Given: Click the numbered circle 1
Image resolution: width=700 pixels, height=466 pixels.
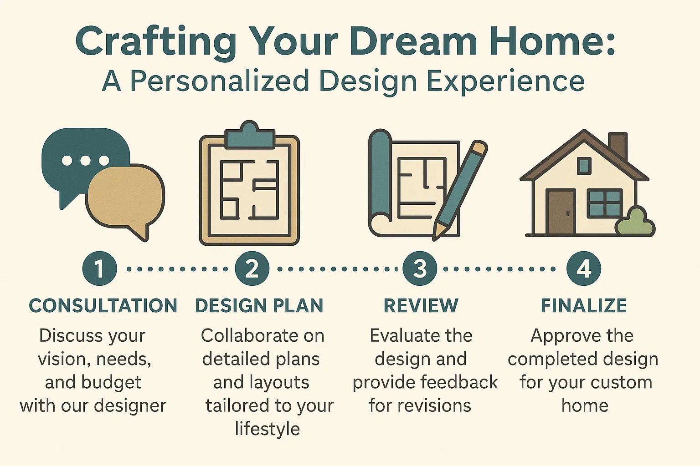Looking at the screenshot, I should (x=99, y=268).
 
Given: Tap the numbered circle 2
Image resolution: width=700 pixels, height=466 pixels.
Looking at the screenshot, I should (x=252, y=268).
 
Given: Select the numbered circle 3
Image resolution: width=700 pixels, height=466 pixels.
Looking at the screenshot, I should (x=420, y=268).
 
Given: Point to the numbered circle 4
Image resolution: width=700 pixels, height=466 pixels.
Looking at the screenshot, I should (x=584, y=268).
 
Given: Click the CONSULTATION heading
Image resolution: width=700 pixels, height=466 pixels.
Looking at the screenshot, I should (x=103, y=306).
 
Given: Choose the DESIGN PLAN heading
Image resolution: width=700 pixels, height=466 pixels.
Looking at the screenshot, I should (x=259, y=306).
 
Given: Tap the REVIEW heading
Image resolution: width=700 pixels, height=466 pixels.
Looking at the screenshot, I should (x=421, y=306).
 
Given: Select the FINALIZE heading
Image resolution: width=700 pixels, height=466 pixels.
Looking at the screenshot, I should (x=584, y=306).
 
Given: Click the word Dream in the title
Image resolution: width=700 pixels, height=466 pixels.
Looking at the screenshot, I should (x=414, y=42).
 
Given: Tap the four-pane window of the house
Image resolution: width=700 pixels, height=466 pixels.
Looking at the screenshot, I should (x=604, y=203).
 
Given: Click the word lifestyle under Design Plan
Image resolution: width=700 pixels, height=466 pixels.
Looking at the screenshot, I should (x=268, y=429).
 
